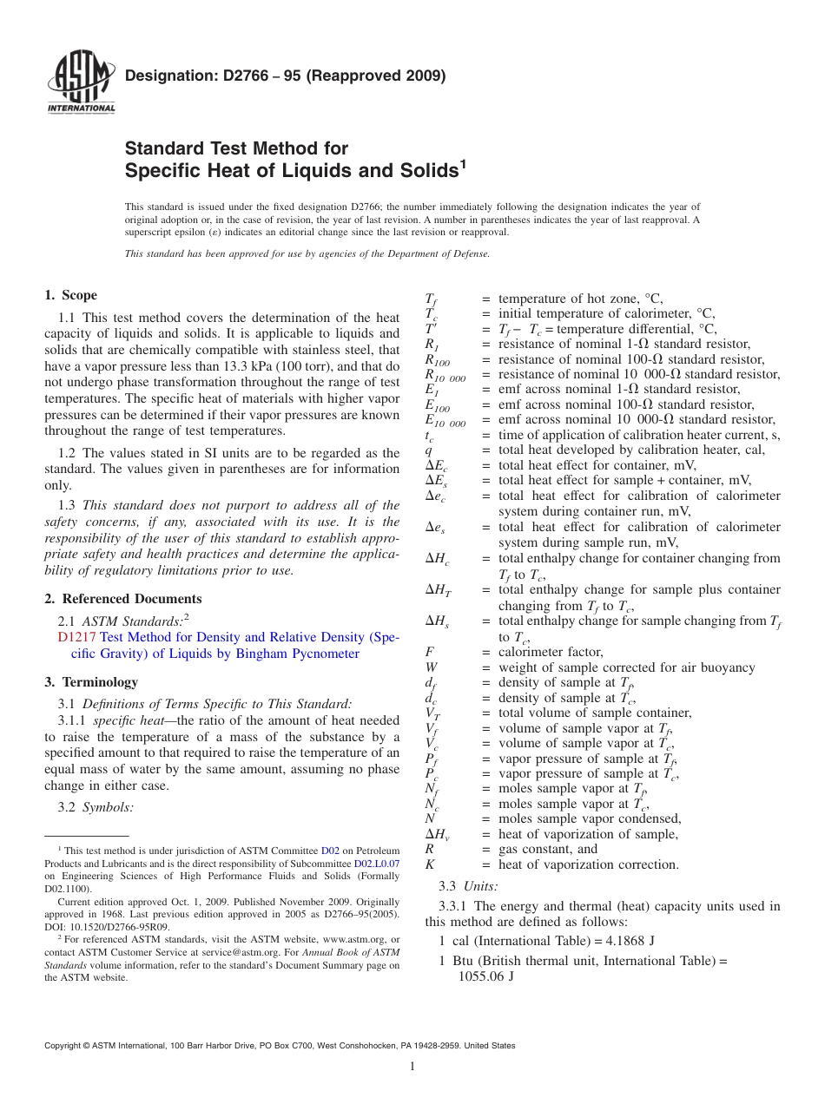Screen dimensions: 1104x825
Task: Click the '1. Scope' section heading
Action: pos(71,295)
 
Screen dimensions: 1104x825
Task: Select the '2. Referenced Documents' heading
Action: pos(123,599)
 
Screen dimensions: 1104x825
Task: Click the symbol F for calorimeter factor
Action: pos(429,652)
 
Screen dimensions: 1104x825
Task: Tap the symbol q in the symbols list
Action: pos(428,450)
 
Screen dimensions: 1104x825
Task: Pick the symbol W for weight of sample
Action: pos(431,667)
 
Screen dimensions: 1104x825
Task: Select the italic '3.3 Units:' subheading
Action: pos(469,886)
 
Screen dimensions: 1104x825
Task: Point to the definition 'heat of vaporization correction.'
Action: pos(588,864)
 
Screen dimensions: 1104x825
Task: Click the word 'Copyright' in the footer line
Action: pos(67,1046)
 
